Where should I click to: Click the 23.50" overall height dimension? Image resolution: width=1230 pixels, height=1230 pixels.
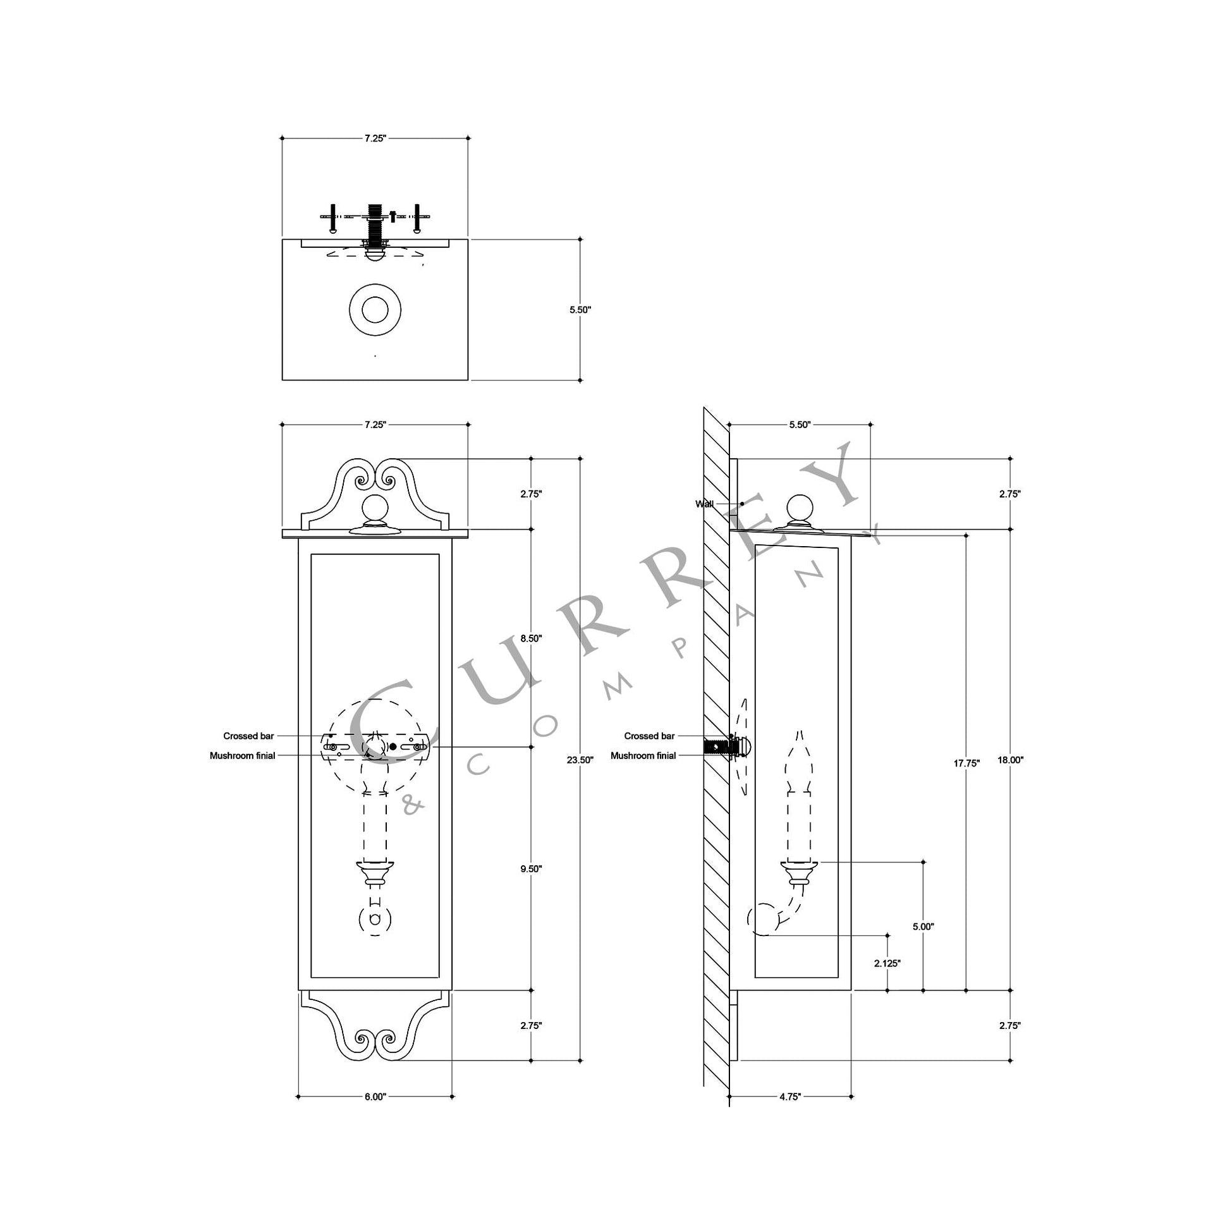click(x=580, y=760)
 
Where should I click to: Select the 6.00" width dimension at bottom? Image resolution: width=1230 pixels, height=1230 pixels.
click(x=375, y=1097)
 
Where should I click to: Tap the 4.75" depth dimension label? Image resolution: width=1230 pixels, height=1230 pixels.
click(x=789, y=1097)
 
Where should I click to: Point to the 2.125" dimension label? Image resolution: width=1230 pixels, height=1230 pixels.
click(x=887, y=963)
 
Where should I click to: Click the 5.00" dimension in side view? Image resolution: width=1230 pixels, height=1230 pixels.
click(x=923, y=927)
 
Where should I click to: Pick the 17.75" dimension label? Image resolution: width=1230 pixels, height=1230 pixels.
click(x=966, y=763)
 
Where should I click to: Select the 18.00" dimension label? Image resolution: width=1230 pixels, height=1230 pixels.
click(x=1010, y=760)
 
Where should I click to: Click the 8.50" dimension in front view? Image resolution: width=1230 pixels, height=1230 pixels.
click(x=531, y=638)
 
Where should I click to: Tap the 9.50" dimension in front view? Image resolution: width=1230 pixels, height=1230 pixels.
click(x=531, y=868)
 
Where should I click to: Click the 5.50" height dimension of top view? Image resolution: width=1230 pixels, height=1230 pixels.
click(x=580, y=310)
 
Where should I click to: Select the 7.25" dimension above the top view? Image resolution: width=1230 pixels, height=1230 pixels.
click(x=375, y=138)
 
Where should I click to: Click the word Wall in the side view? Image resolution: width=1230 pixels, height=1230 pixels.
click(x=704, y=504)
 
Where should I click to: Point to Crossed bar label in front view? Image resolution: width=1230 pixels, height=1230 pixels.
click(x=248, y=736)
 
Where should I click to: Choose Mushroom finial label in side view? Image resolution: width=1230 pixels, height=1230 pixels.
click(x=643, y=756)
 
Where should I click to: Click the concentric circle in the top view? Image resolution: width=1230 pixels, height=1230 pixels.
click(x=375, y=310)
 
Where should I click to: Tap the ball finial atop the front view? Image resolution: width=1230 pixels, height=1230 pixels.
click(x=375, y=509)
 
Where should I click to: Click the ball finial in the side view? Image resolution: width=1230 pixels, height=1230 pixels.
click(x=800, y=509)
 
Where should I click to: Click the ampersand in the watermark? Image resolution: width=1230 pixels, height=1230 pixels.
click(x=414, y=807)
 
